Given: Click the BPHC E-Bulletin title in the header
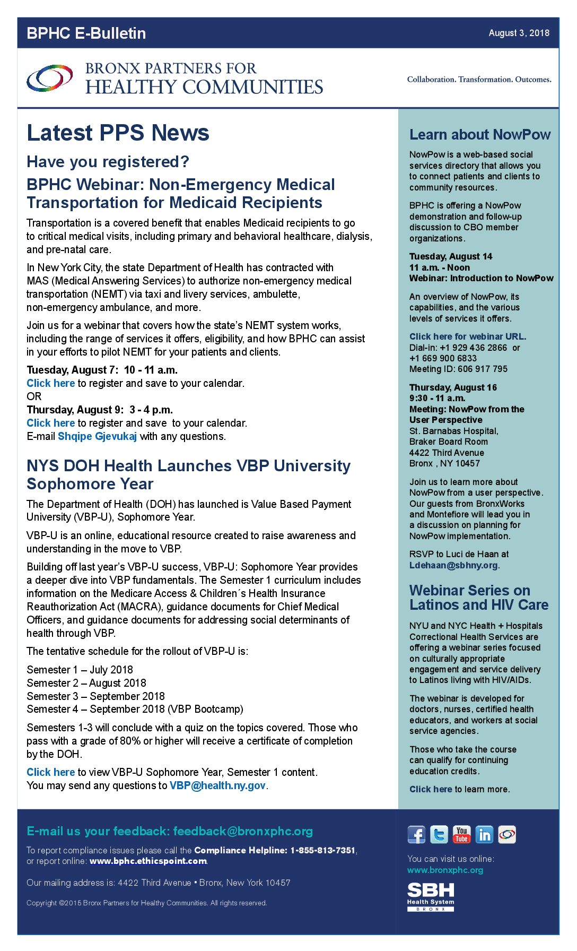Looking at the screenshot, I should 86,33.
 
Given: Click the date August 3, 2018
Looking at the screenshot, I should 519,33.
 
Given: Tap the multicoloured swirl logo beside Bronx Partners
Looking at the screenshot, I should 50,78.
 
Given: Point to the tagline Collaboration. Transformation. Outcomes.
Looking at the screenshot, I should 479,80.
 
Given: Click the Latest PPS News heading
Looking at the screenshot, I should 118,133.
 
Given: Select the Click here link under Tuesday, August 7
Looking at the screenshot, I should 51,383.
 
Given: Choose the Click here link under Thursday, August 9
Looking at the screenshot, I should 51,423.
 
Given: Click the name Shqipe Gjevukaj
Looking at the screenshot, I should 97,436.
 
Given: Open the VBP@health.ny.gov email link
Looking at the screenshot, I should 217,785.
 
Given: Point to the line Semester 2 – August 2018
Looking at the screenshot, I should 86,683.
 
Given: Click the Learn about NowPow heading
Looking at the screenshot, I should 479,135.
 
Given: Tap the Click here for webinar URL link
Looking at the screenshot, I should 467,336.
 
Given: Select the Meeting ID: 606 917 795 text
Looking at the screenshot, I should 458,369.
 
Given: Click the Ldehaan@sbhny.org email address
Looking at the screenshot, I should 453,565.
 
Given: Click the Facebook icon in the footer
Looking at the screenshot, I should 416,835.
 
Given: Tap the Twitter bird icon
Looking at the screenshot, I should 439,835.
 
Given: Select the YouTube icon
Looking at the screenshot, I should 461,835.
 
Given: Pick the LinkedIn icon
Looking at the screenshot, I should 484,835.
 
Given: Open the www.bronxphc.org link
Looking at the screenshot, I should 445,870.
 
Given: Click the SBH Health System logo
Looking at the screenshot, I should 431,897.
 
